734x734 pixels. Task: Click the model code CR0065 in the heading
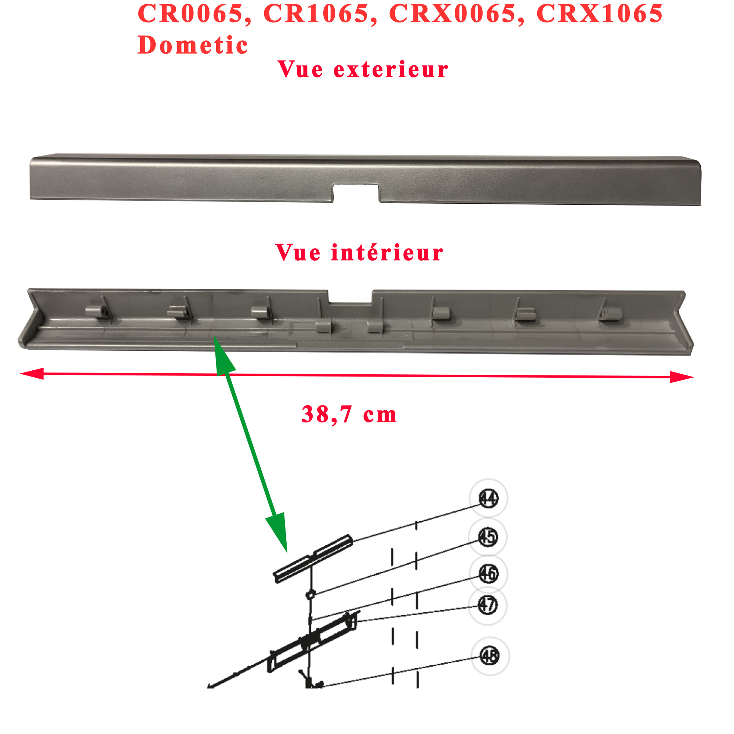pyautogui.click(x=190, y=14)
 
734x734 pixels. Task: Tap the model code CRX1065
pyautogui.click(x=600, y=14)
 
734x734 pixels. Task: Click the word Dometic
pyautogui.click(x=193, y=45)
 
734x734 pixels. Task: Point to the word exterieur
pyautogui.click(x=390, y=70)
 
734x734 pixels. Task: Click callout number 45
pyautogui.click(x=488, y=537)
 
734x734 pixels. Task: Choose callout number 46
pyautogui.click(x=488, y=573)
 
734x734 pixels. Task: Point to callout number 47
pyautogui.click(x=488, y=605)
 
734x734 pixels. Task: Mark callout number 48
pyautogui.click(x=489, y=656)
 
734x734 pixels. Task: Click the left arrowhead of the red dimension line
pyautogui.click(x=32, y=374)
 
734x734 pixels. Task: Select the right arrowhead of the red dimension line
pyautogui.click(x=682, y=377)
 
